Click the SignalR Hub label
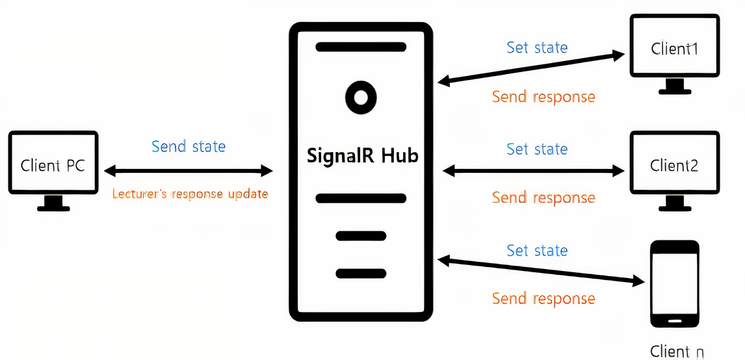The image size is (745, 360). tap(362, 156)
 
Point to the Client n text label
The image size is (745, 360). tap(677, 352)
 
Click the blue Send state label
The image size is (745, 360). tap(189, 146)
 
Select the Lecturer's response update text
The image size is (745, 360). tap(190, 194)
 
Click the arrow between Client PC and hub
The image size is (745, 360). tap(189, 171)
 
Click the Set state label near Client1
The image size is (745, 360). tap(537, 47)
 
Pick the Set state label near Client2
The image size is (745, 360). tap(537, 149)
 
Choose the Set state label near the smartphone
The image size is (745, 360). tap(537, 250)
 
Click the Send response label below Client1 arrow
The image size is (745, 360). tap(543, 97)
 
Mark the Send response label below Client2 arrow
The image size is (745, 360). tap(543, 198)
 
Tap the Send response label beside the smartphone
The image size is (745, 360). tap(543, 298)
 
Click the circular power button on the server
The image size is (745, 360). tap(361, 97)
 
